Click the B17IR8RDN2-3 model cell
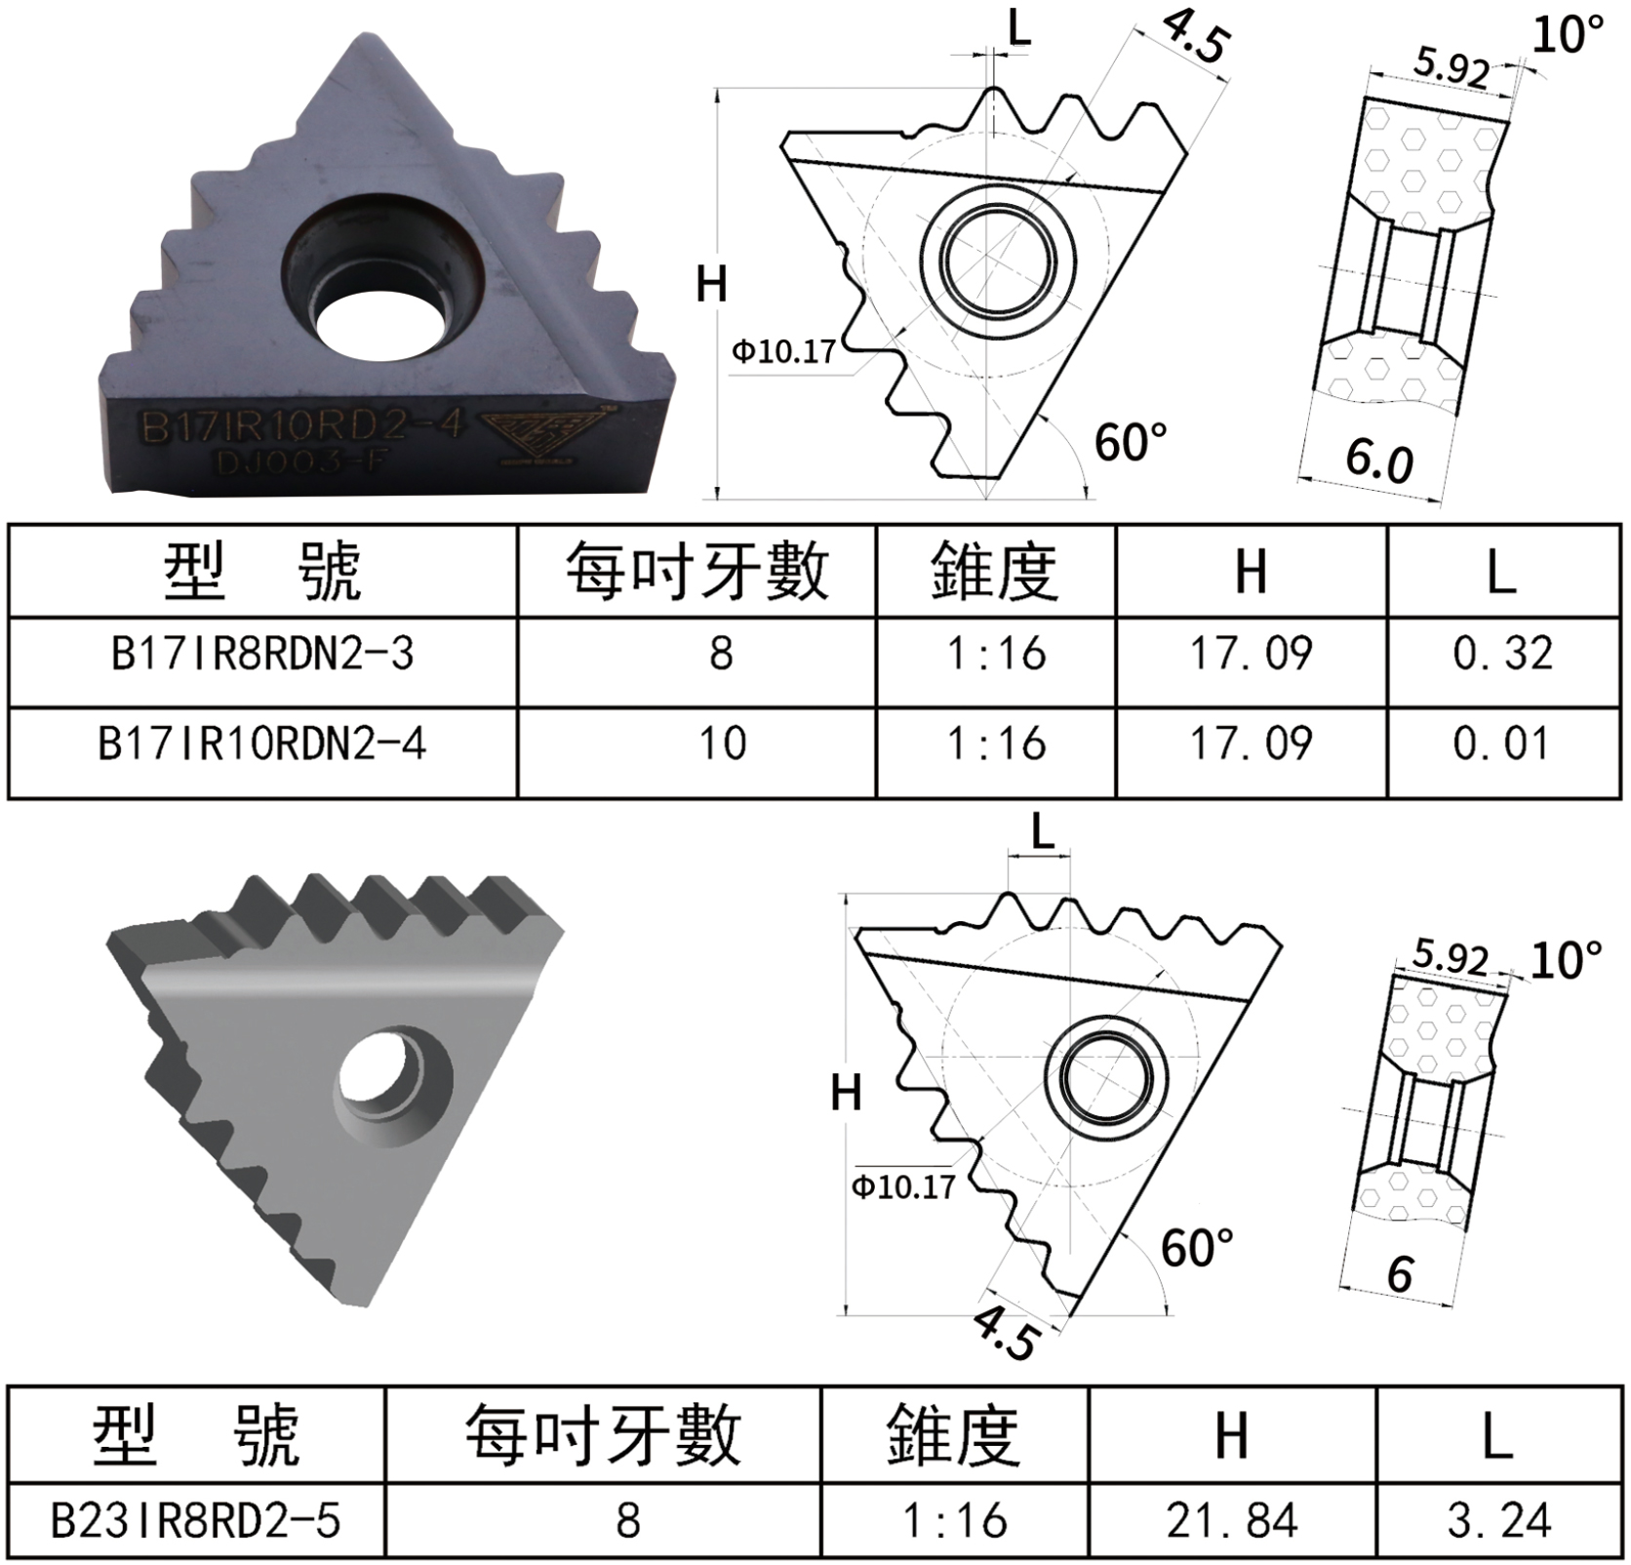point(262,654)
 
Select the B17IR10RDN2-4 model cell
point(262,744)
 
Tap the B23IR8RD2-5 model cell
point(196,1520)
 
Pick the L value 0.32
point(1502,654)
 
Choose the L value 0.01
point(1502,744)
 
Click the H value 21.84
point(1232,1520)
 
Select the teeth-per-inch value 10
point(722,744)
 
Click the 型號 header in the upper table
point(262,572)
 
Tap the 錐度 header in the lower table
point(953,1436)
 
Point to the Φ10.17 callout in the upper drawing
point(784,350)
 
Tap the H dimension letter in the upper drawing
point(711,285)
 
